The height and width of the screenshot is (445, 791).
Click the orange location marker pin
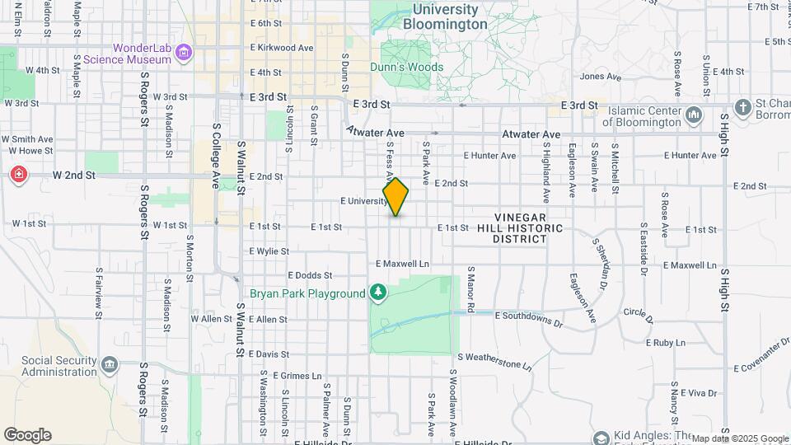pyautogui.click(x=395, y=197)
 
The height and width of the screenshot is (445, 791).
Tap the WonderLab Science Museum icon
pyautogui.click(x=184, y=54)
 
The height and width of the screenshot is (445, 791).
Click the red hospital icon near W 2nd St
pyautogui.click(x=18, y=176)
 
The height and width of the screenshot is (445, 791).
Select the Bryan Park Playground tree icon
pyautogui.click(x=378, y=293)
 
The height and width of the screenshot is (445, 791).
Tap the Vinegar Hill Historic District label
pyautogui.click(x=528, y=227)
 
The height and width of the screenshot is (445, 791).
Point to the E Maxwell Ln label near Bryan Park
pyautogui.click(x=402, y=264)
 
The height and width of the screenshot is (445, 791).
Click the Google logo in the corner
pyautogui.click(x=27, y=435)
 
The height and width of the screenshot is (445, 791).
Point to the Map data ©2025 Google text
pyautogui.click(x=739, y=438)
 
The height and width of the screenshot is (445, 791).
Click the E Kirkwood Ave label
pyautogui.click(x=281, y=48)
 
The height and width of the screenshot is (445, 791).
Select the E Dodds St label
pyautogui.click(x=310, y=275)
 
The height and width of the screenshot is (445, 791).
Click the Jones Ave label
pyautogui.click(x=600, y=77)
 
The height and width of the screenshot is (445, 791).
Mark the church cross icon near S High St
pyautogui.click(x=742, y=107)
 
